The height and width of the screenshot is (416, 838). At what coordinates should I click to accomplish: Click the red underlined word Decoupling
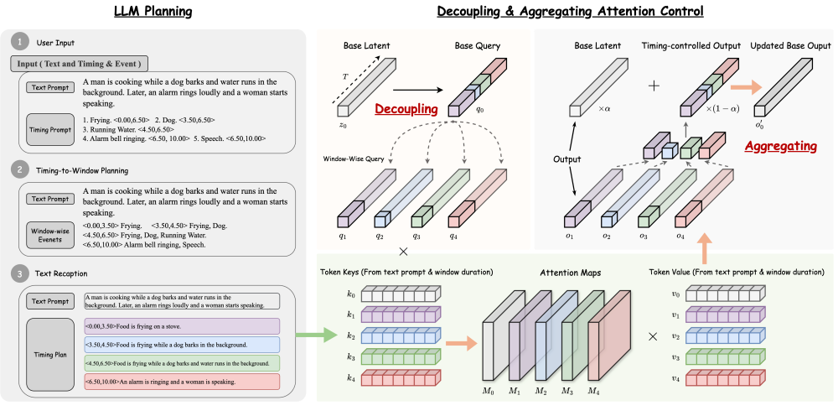pos(406,110)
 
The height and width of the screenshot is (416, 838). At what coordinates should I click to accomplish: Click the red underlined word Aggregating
pos(780,146)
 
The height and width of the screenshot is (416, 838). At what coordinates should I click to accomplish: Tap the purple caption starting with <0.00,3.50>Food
pos(183,325)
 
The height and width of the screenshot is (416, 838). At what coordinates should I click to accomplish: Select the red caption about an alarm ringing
pos(183,382)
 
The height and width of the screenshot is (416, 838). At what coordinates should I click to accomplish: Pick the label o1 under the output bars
pos(570,237)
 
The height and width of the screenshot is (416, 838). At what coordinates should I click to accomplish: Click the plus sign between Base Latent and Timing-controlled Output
pos(654,86)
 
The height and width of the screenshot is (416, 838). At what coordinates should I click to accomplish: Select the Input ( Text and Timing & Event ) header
pos(80,64)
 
